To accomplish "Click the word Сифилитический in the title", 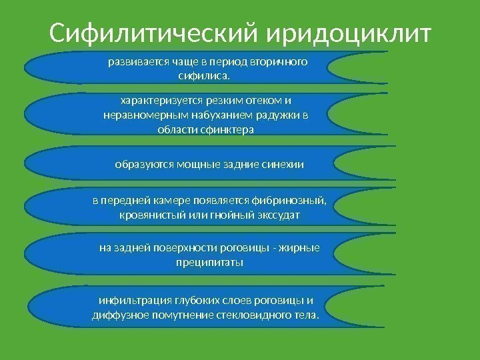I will click(154, 31).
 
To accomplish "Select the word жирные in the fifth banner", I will click(303, 248).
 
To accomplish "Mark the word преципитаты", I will click(208, 262).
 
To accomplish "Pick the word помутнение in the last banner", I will click(177, 314).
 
